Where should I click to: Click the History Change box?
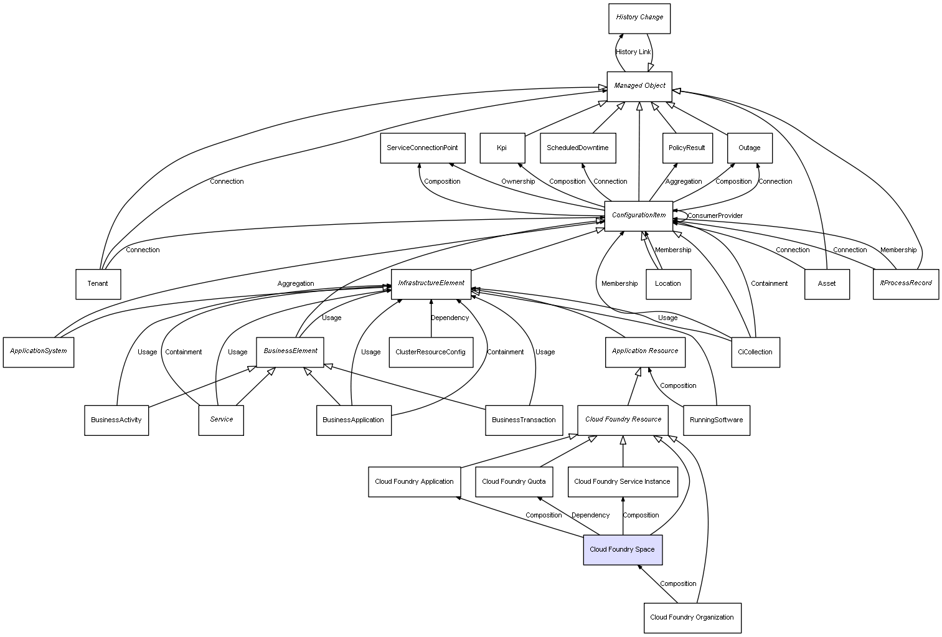pyautogui.click(x=639, y=18)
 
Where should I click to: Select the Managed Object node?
pyautogui.click(x=639, y=86)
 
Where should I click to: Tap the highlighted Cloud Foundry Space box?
pyautogui.click(x=622, y=550)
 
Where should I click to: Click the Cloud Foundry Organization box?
pyautogui.click(x=692, y=618)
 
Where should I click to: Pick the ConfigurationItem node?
pyautogui.click(x=639, y=215)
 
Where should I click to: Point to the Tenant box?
pyautogui.click(x=98, y=284)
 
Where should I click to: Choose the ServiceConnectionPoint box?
pyautogui.click(x=422, y=148)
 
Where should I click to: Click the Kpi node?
pyautogui.click(x=502, y=148)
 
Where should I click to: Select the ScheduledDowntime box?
pyautogui.click(x=578, y=148)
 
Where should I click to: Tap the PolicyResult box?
pyautogui.click(x=687, y=148)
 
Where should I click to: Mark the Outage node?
pyautogui.click(x=750, y=148)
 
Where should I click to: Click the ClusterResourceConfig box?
pyautogui.click(x=430, y=352)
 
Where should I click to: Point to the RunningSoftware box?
pyautogui.click(x=716, y=420)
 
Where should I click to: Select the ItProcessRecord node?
pyautogui.click(x=905, y=284)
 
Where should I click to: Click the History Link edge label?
pyautogui.click(x=633, y=52)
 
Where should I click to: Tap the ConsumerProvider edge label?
pyautogui.click(x=715, y=216)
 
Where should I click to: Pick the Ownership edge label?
pyautogui.click(x=518, y=182)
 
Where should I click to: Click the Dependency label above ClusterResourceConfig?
pyautogui.click(x=450, y=318)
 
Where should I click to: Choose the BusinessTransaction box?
pyautogui.click(x=524, y=420)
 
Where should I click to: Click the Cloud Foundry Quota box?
pyautogui.click(x=514, y=482)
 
